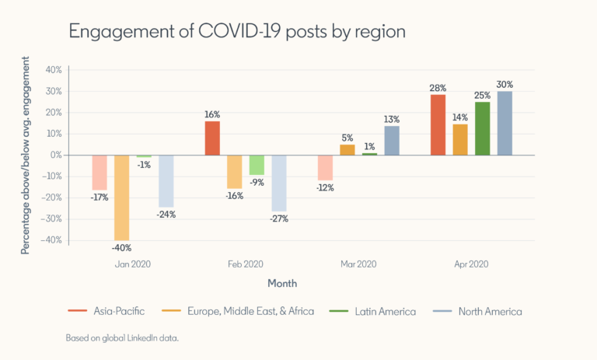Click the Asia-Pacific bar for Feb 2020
(212, 138)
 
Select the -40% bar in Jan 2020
(122, 197)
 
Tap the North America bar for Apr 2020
(504, 124)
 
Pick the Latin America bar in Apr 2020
(482, 128)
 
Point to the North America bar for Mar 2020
(391, 141)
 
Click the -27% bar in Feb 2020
(279, 183)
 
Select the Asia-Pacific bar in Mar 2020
(325, 167)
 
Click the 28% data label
(438, 88)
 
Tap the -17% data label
(99, 197)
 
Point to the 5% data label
(347, 138)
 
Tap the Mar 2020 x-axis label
(358, 264)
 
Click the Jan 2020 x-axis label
(133, 264)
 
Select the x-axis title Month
(282, 283)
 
